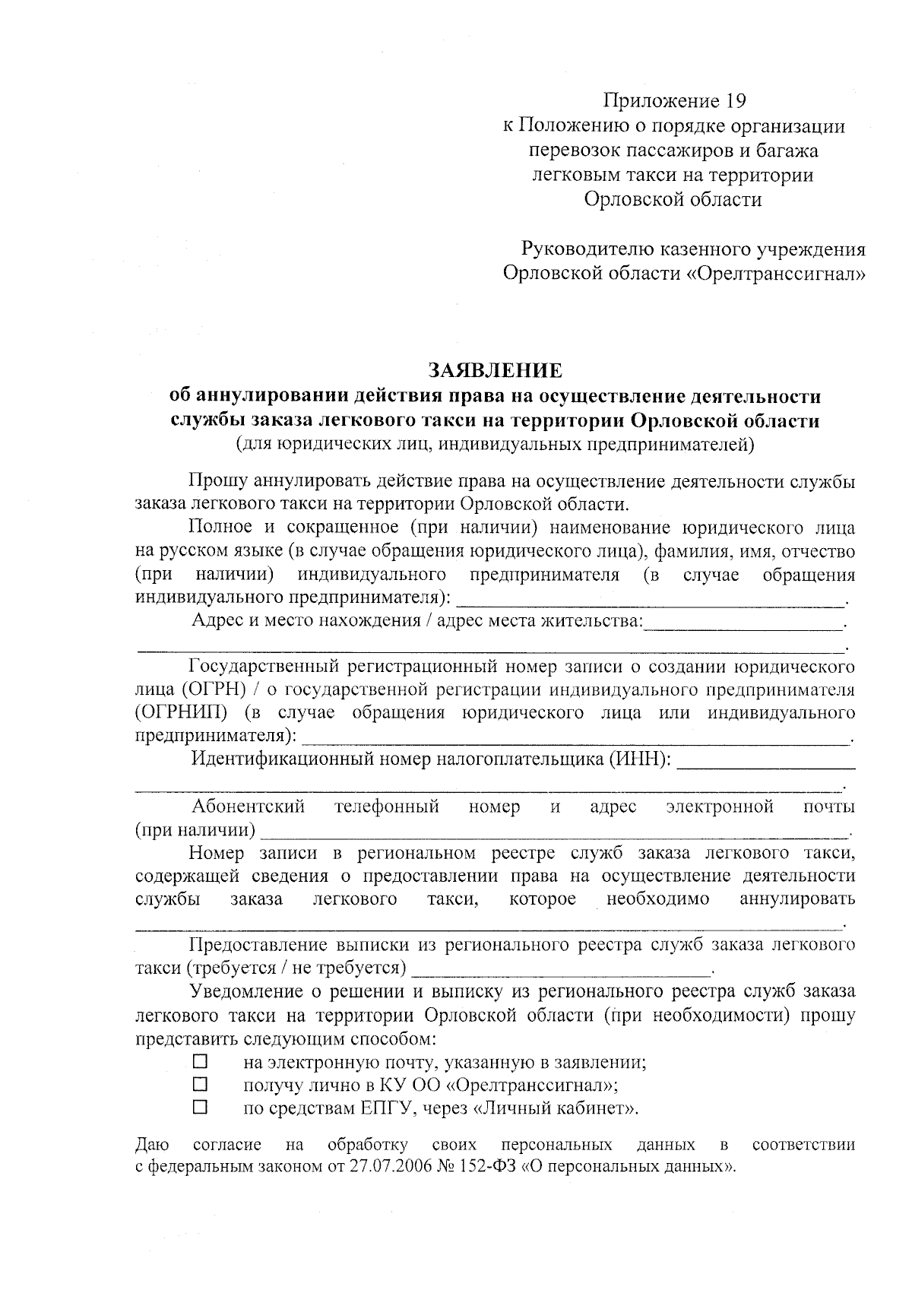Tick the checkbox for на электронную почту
point(200,1060)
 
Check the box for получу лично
point(200,1083)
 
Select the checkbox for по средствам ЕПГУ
point(200,1107)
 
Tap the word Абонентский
point(248,806)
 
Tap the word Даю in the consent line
point(152,1144)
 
